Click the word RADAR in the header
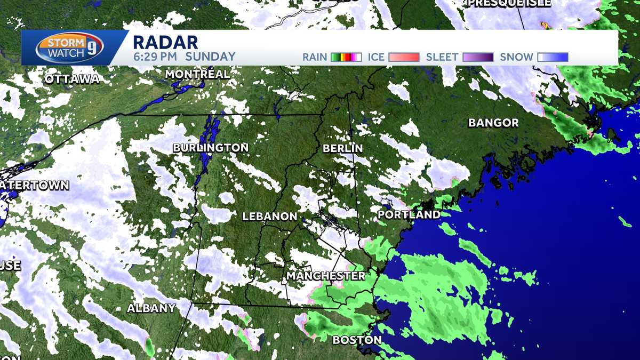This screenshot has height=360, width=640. click(165, 42)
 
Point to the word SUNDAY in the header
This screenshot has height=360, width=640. click(211, 57)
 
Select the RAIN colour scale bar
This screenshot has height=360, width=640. click(346, 57)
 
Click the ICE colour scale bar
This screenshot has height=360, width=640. click(404, 57)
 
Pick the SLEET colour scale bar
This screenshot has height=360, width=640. click(478, 57)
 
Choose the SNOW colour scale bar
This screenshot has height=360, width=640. click(553, 57)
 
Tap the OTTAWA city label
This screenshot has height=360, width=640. click(72, 79)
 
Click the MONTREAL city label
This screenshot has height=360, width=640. click(197, 74)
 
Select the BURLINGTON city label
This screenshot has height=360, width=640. click(211, 147)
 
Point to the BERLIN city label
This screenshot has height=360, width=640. click(343, 148)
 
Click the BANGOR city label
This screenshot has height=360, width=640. click(493, 123)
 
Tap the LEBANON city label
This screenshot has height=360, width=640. click(269, 217)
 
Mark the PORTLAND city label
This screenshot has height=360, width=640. click(409, 214)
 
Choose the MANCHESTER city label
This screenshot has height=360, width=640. click(326, 276)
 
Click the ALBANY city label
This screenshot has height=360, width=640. click(151, 308)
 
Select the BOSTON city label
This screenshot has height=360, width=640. click(357, 340)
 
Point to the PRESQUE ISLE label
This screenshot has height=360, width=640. click(499, 3)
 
